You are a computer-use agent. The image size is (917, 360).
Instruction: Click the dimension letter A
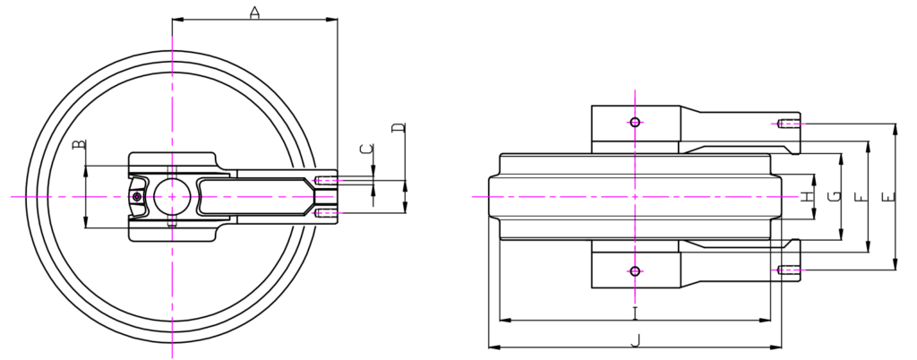pyautogui.click(x=254, y=13)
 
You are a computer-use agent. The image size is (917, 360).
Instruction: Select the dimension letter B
pyautogui.click(x=79, y=144)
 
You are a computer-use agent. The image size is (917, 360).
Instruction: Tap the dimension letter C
pyautogui.click(x=366, y=149)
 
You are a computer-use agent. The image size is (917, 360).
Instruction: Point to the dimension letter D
pyautogui.click(x=399, y=127)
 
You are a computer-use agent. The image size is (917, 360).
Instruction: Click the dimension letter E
pyautogui.click(x=888, y=197)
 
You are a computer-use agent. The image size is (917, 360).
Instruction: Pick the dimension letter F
pyautogui.click(x=861, y=197)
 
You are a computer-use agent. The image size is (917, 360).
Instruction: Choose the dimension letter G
pyautogui.click(x=836, y=196)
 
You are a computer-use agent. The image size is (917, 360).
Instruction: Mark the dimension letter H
pyautogui.click(x=807, y=197)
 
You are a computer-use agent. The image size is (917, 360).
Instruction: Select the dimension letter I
pyautogui.click(x=635, y=313)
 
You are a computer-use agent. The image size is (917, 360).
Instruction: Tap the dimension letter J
pyautogui.click(x=636, y=340)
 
